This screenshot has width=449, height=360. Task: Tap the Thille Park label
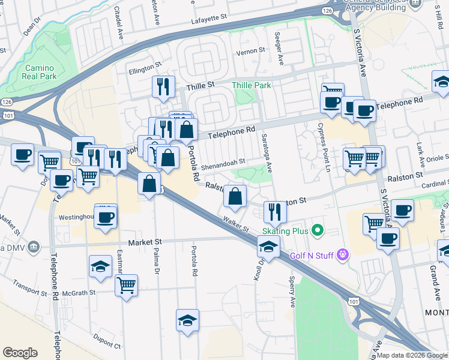[252, 86]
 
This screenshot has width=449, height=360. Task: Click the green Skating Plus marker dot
[318, 230]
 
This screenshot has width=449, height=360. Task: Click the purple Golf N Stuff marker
[343, 255]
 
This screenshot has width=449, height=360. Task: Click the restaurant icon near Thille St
[163, 87]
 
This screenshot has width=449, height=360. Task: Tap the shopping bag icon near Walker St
[235, 195]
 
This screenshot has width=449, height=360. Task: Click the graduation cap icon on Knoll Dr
[268, 246]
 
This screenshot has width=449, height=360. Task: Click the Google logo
[20, 353]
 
